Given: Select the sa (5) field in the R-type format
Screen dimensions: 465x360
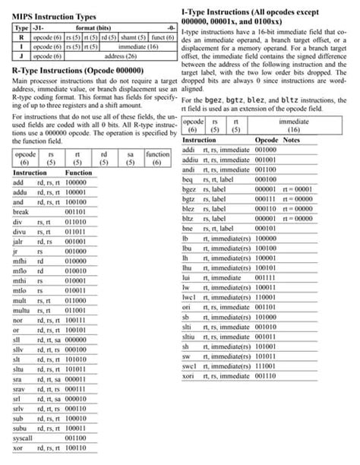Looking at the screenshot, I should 130,157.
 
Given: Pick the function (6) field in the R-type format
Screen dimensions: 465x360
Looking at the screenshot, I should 158,157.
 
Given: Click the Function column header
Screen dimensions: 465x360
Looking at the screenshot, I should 79,172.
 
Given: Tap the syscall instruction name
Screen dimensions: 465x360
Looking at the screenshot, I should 25,438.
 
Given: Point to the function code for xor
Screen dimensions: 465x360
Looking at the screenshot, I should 80,448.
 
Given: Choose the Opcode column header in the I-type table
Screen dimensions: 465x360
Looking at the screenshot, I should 267,141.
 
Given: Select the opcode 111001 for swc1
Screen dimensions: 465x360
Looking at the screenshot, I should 265,365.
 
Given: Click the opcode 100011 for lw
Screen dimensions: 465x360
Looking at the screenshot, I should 265,287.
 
